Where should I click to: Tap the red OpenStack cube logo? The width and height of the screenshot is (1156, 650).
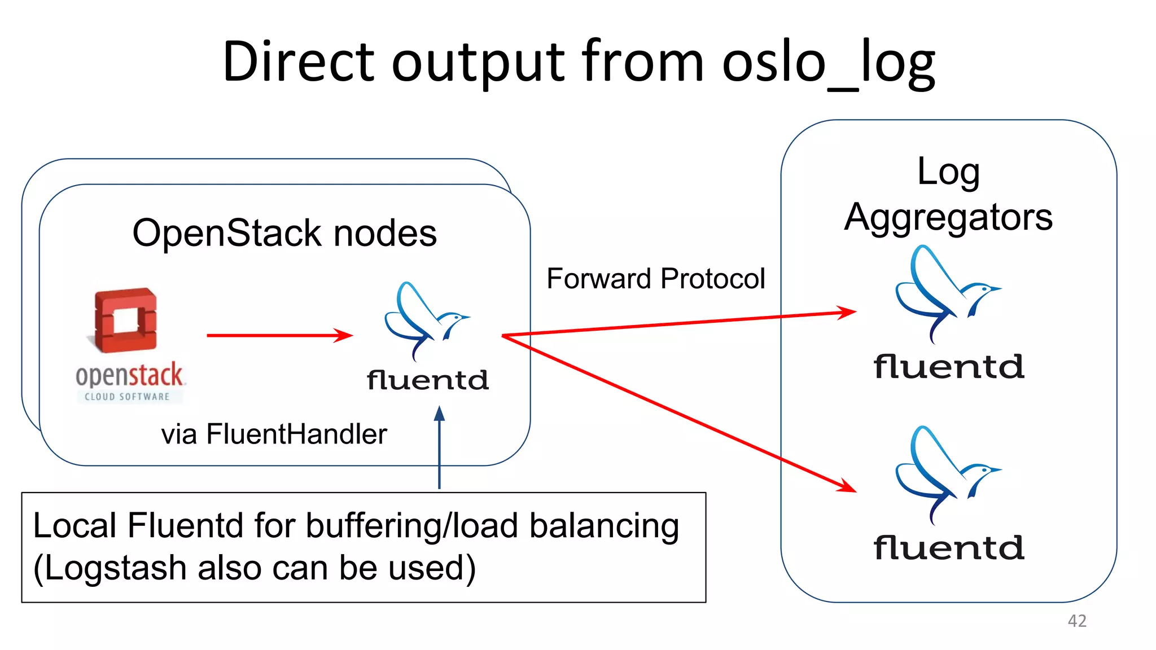(125, 320)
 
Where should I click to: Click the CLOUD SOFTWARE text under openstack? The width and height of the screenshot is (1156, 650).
(128, 397)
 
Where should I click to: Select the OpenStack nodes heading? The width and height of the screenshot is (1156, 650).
(284, 233)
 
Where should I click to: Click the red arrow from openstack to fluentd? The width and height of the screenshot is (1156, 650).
(279, 335)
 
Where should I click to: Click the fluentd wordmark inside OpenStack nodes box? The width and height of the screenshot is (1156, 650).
(427, 380)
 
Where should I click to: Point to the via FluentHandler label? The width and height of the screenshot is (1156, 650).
(274, 434)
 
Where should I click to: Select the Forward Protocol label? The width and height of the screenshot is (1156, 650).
(655, 279)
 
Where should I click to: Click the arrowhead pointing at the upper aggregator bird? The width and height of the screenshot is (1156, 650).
(847, 312)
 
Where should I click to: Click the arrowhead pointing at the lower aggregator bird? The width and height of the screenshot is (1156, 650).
(846, 486)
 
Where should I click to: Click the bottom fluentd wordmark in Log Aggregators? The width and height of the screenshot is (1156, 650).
(948, 548)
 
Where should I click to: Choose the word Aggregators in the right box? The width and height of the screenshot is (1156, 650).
(948, 217)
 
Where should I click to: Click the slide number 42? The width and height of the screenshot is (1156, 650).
(1077, 621)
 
